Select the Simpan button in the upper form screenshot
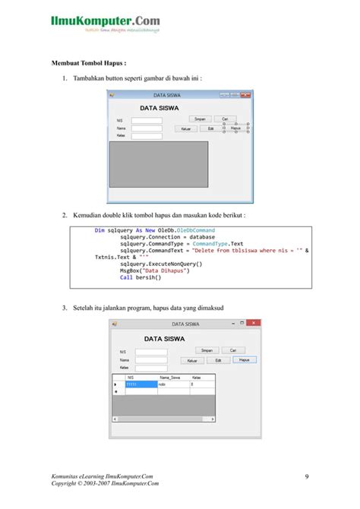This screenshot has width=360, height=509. point(200,119)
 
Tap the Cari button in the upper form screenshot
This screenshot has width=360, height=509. point(224,119)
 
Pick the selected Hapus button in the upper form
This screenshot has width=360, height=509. point(235,129)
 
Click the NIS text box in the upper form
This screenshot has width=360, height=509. point(146,120)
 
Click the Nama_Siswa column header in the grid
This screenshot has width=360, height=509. point(170,377)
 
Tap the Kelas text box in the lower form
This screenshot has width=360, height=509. point(150,368)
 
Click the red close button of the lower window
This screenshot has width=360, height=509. point(256,324)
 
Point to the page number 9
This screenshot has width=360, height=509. point(306,476)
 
